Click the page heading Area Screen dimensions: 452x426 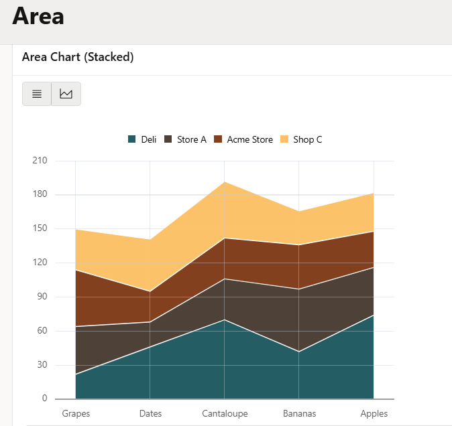click(38, 16)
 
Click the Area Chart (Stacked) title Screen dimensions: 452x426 click(78, 57)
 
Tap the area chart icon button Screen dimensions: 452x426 click(66, 94)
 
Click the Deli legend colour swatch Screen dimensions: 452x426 click(131, 139)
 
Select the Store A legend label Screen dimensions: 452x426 click(192, 139)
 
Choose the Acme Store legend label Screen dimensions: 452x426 click(250, 139)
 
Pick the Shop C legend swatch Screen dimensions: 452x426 click(284, 139)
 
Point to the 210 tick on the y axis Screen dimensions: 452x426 click(40, 160)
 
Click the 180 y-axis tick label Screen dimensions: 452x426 click(40, 194)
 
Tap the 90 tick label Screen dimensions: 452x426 click(42, 297)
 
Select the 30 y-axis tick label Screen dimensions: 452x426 click(42, 364)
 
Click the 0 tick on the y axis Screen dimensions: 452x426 click(45, 399)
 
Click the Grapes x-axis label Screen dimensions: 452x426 click(76, 414)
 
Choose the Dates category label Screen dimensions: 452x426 click(150, 414)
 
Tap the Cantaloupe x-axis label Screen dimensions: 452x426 click(225, 414)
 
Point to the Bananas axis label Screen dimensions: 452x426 click(300, 414)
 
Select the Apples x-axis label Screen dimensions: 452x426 click(374, 414)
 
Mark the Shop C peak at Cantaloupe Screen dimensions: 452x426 click(224, 182)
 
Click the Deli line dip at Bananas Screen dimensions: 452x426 click(299, 352)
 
